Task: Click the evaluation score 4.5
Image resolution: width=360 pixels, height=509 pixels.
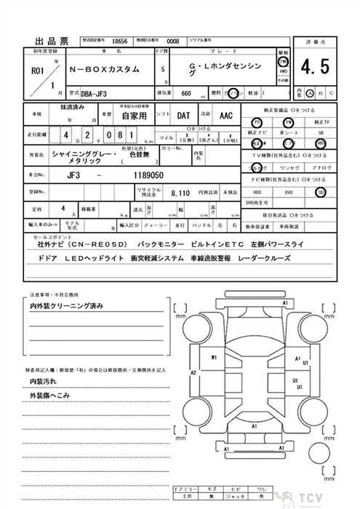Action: point(314,68)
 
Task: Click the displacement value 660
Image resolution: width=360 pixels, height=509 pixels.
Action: point(186,94)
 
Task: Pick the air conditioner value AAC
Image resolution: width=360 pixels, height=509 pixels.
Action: point(225,115)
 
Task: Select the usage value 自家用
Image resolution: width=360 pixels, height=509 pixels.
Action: point(134,115)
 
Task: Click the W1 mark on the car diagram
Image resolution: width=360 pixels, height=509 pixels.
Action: point(214,358)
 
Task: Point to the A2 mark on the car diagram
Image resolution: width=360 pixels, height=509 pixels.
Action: point(193,373)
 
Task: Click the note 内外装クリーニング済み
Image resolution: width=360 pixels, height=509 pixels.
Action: point(65,308)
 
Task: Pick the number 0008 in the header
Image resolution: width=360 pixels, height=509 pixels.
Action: point(172,42)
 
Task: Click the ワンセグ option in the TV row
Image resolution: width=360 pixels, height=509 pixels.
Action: point(287,168)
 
